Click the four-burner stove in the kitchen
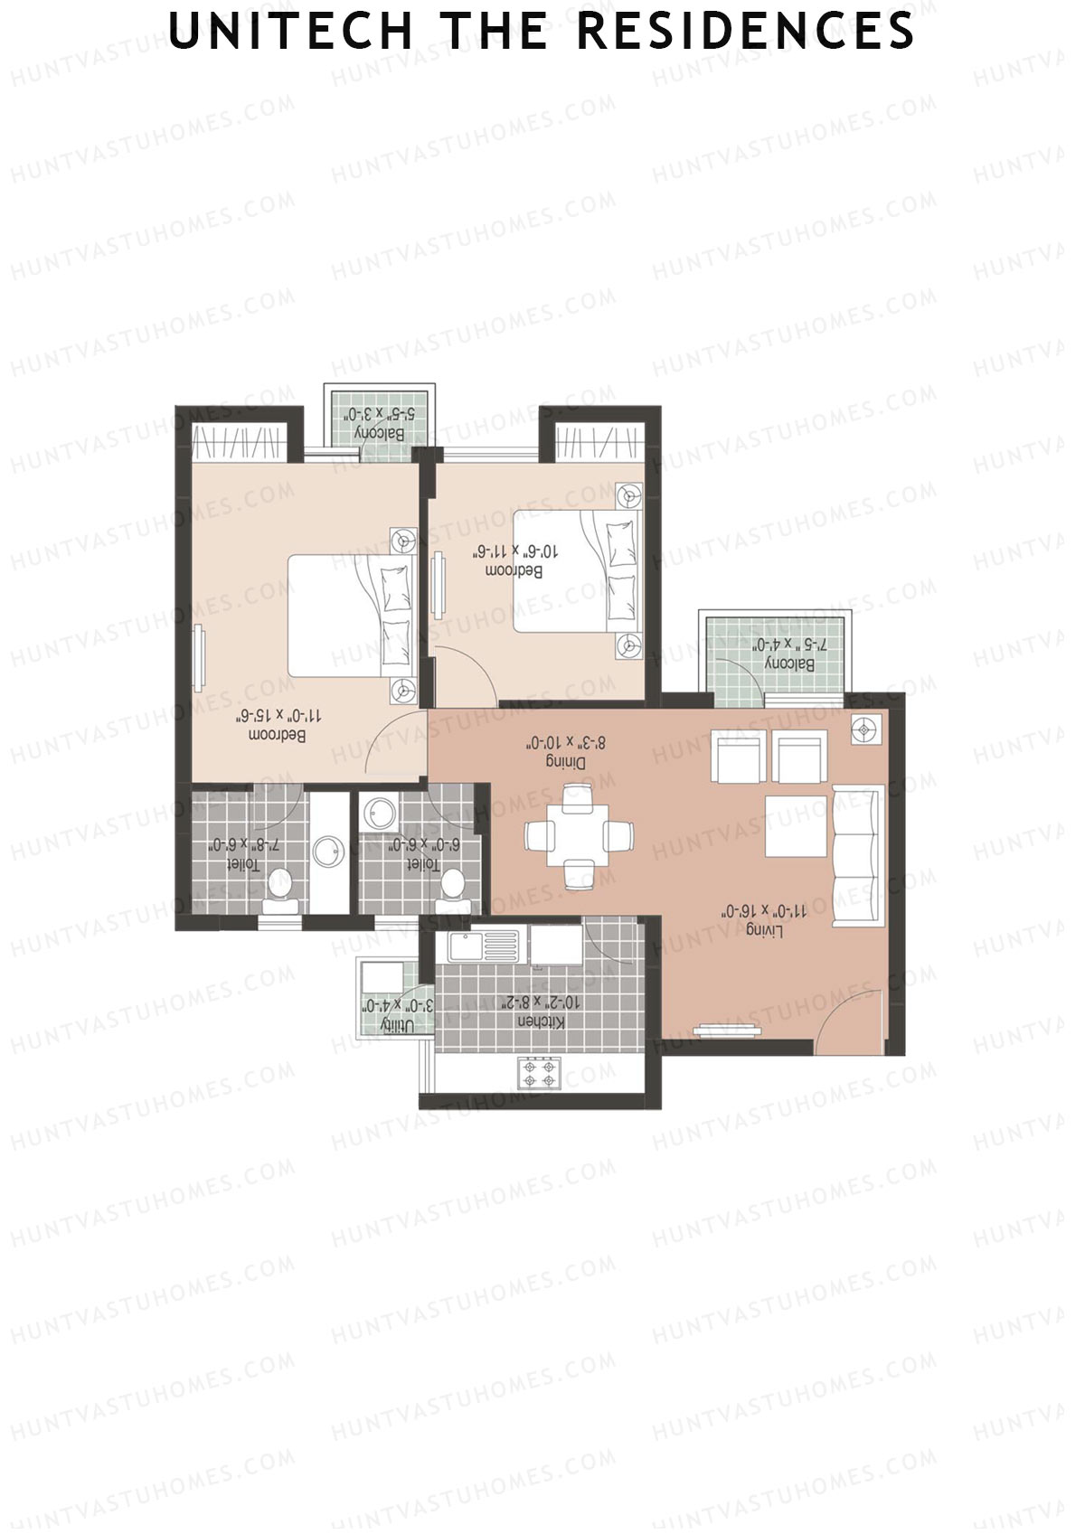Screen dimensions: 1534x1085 (540, 1073)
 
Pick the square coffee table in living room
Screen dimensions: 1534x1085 (797, 825)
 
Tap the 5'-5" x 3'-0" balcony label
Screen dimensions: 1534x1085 (379, 423)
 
